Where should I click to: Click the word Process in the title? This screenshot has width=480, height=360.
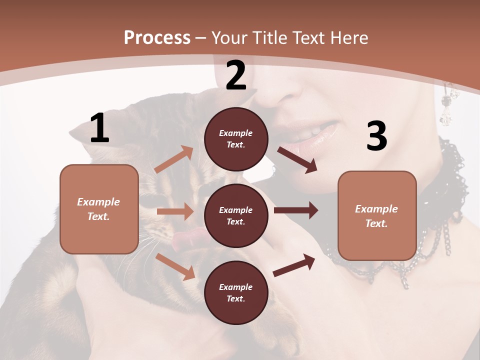(x=157, y=37)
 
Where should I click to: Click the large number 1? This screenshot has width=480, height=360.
(x=99, y=128)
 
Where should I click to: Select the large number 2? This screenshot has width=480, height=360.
(x=236, y=76)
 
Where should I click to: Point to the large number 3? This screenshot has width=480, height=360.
(x=376, y=136)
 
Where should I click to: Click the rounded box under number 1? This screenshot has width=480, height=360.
(x=99, y=209)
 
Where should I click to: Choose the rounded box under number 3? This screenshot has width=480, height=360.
(x=377, y=215)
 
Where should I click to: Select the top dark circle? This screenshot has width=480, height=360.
(x=236, y=139)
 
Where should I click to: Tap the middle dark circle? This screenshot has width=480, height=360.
(x=236, y=215)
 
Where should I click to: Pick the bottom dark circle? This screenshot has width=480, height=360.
(x=236, y=292)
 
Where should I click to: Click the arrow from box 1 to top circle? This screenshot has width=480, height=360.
(x=174, y=159)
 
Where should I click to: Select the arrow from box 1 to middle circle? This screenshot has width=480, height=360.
(x=175, y=211)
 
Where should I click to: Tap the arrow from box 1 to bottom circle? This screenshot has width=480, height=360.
(x=175, y=266)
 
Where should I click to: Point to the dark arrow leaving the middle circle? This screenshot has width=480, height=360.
(x=296, y=210)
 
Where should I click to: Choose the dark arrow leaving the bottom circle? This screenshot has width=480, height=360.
(x=294, y=264)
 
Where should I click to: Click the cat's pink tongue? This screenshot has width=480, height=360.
(x=186, y=239)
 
